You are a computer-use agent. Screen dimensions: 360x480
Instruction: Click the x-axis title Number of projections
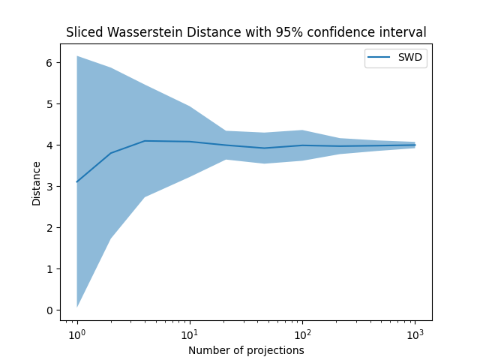246,350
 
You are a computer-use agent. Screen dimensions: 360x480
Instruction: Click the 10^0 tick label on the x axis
76,332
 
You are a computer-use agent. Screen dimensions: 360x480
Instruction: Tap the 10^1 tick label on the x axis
190,332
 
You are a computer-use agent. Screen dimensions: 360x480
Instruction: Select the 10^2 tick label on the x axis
302,332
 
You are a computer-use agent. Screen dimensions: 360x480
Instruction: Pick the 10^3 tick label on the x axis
415,332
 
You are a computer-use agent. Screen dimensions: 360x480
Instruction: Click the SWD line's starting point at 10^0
77,181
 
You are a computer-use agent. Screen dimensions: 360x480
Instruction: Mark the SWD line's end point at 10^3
415,145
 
